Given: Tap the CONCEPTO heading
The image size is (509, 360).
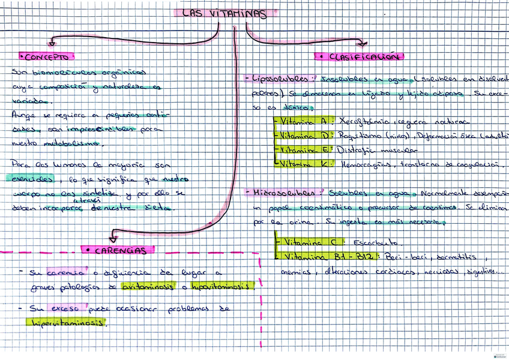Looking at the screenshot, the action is coord(47,57).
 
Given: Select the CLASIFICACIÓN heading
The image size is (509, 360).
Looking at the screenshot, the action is coord(359,57).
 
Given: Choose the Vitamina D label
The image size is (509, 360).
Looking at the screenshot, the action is coord(304,135).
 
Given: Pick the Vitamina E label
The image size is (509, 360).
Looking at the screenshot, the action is coord(304,149).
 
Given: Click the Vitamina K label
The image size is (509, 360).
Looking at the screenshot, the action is coord(304,163).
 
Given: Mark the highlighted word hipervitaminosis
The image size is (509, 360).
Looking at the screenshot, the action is coord(66,322).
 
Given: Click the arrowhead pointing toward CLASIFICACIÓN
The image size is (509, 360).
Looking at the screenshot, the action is coord(361,43).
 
